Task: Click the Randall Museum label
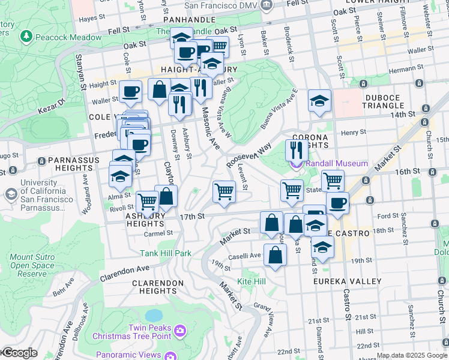[x=336, y=163]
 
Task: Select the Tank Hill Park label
[x=166, y=253]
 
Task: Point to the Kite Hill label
[x=252, y=281]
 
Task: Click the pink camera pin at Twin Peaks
[x=179, y=330]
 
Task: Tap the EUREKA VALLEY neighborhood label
[x=347, y=281]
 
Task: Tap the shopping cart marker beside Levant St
[x=224, y=192]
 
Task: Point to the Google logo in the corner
[x=19, y=353]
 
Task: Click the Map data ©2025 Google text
[x=412, y=356]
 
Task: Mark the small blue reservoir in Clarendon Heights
[x=154, y=315]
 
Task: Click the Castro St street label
[x=346, y=299]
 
